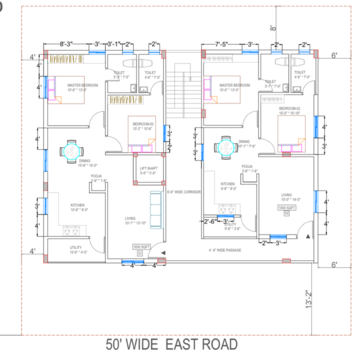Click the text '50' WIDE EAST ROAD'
[x=179, y=347]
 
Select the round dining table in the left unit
[x=69, y=152]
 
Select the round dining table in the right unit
[x=227, y=143]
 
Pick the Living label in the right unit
[x=286, y=195]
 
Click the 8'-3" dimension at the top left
[x=67, y=44]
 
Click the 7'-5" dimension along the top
[x=222, y=44]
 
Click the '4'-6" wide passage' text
[x=216, y=248]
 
